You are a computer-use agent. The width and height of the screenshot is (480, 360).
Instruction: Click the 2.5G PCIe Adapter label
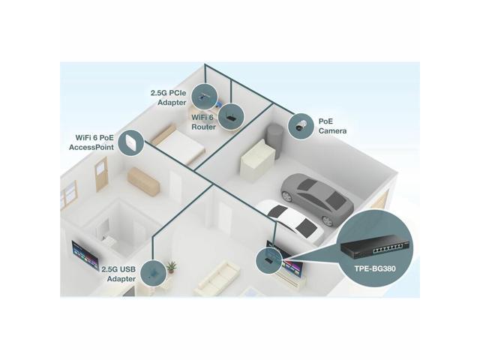pyautogui.click(x=169, y=97)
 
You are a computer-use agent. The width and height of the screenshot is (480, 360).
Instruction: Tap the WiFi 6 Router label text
pyautogui.click(x=202, y=121)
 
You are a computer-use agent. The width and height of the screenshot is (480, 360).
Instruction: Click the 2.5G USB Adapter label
pyautogui.click(x=118, y=273)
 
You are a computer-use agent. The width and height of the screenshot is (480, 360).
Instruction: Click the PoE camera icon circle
pyautogui.click(x=301, y=125)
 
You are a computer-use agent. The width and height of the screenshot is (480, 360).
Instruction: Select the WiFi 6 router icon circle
pyautogui.click(x=229, y=115)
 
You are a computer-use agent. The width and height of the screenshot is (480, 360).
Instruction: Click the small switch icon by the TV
pyautogui.click(x=268, y=259)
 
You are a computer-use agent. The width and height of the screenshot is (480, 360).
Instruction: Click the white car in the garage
pyautogui.click(x=289, y=221)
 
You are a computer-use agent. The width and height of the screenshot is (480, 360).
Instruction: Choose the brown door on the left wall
pyautogui.click(x=101, y=174)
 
